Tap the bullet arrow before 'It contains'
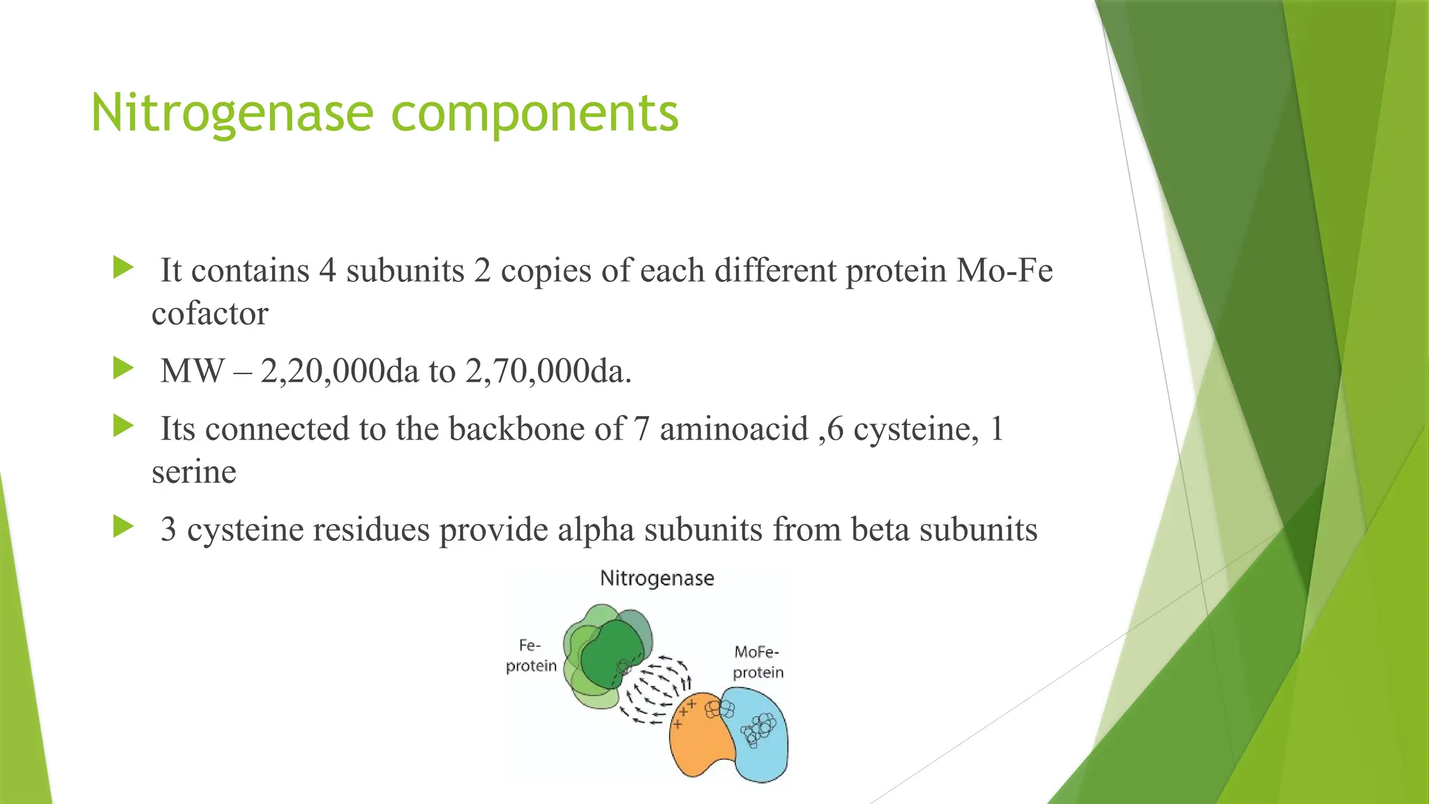tap(124, 267)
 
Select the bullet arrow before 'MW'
tap(124, 368)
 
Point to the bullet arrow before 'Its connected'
tap(124, 426)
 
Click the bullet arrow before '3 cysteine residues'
tap(124, 526)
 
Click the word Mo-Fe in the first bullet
tap(1004, 271)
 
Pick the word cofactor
tap(209, 314)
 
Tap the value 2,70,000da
tap(548, 371)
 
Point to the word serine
tap(194, 472)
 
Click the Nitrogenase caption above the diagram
tap(657, 579)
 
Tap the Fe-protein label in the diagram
tap(531, 655)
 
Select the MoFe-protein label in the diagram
tap(758, 662)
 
